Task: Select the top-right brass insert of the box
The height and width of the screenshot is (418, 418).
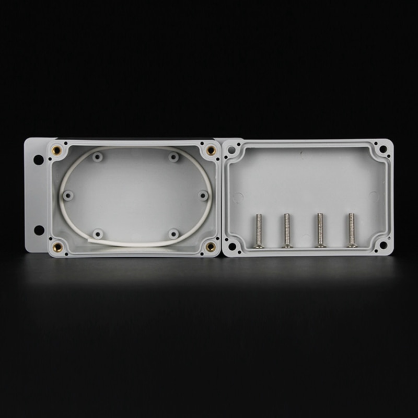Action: pos(211,150)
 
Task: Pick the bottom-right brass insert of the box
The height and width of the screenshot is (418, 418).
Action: pos(210,246)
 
